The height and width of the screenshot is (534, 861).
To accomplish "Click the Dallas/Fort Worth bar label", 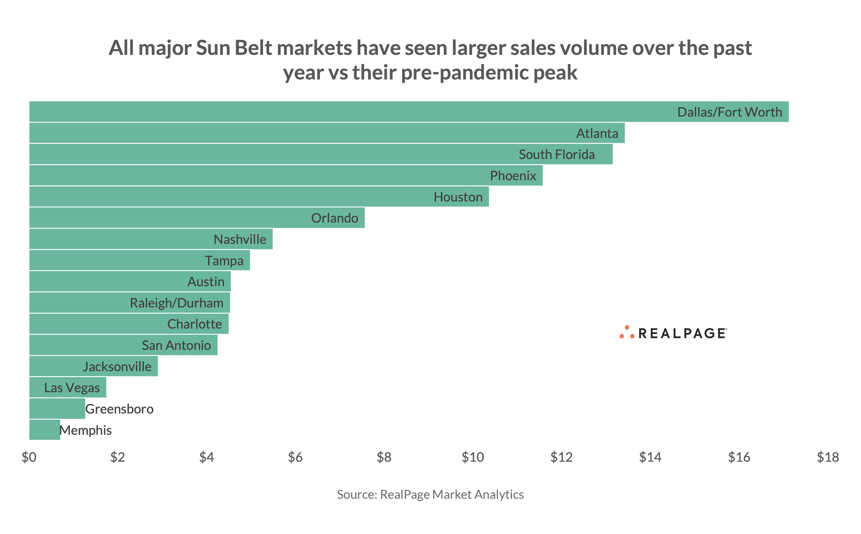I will [x=729, y=112].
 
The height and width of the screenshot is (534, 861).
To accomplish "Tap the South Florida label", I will [x=556, y=154].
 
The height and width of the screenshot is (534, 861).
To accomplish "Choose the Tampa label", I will [x=224, y=261].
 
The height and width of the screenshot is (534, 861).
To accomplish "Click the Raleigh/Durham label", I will [x=176, y=303].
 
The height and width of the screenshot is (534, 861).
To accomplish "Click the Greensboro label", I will [x=119, y=409].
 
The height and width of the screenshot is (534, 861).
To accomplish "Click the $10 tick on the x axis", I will [x=472, y=457].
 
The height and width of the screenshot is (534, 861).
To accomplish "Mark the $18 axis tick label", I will [x=827, y=457].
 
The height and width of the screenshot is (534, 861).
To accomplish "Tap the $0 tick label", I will [x=29, y=457].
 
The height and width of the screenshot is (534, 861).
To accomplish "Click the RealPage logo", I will [x=673, y=333].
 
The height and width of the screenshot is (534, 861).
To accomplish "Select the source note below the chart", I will [x=430, y=494].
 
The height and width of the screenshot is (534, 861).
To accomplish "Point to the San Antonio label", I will [x=176, y=345].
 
